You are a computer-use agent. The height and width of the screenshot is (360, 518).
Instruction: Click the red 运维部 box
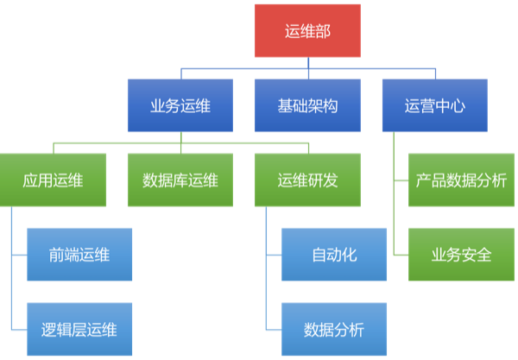pos(307,30)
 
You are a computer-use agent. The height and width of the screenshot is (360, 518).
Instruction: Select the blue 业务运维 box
pos(180,105)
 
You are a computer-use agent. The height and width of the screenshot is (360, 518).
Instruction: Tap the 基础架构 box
pos(307,105)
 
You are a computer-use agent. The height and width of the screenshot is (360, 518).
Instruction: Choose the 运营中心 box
pos(434,105)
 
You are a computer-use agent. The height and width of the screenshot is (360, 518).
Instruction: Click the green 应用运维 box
pos(54,180)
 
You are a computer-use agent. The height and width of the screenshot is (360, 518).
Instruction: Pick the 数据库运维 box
pos(180,180)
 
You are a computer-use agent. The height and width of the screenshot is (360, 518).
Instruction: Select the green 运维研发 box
pos(307,180)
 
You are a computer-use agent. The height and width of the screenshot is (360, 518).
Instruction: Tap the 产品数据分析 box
pos(461,180)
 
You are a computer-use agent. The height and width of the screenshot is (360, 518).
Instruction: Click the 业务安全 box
pos(461,255)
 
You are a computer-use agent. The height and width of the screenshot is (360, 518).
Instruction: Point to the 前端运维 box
pos(79,255)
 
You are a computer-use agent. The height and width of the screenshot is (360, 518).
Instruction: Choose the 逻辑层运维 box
pos(79,329)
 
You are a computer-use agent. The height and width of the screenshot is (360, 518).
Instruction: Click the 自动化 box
pos(334,255)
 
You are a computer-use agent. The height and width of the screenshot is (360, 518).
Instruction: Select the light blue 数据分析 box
pos(334,329)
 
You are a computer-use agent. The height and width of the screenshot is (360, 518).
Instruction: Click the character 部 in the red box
pos(324,31)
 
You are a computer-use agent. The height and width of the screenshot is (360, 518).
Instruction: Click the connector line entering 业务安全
pos(401,255)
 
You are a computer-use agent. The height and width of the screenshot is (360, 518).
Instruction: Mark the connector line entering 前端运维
pos(18,255)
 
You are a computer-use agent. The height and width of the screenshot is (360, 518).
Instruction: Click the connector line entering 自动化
pos(274,255)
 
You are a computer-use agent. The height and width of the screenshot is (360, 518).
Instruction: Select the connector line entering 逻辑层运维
pos(18,329)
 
